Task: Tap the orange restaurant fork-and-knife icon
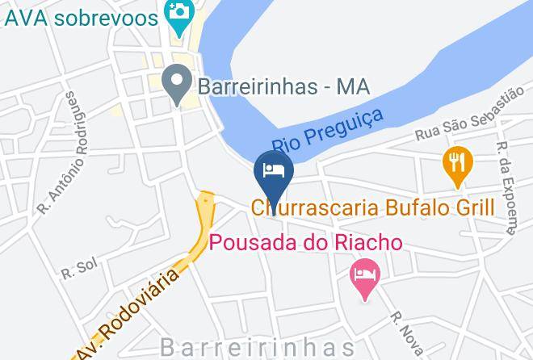[x=458, y=161]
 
